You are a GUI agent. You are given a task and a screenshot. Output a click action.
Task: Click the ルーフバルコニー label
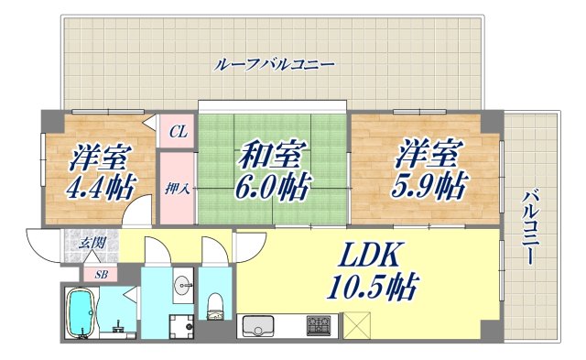pos(275,65)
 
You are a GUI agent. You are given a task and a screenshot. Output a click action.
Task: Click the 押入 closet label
pos(178,191)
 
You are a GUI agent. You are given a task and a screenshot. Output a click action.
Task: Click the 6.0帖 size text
pos(270,190)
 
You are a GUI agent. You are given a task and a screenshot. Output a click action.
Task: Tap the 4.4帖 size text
pos(101,187)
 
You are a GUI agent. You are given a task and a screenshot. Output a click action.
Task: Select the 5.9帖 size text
pos(429,187)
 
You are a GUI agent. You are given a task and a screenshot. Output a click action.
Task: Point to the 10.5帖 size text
pos(374,289)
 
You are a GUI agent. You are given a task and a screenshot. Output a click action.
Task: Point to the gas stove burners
pos(320,325)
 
